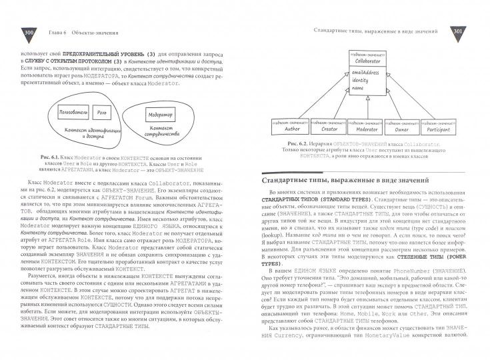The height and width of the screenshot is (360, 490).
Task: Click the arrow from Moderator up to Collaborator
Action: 365,107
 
